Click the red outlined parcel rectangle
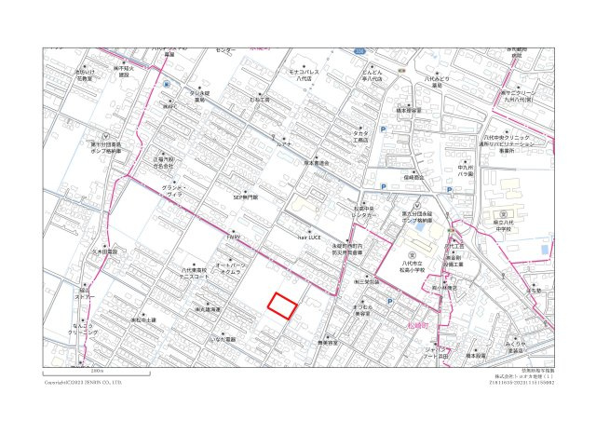(x=282, y=305)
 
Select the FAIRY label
(x=233, y=238)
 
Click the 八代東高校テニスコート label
(x=194, y=273)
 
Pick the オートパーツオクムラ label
(x=229, y=268)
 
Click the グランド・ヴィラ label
(x=174, y=192)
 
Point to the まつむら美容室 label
(x=363, y=311)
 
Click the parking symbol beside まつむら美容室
(x=389, y=301)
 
